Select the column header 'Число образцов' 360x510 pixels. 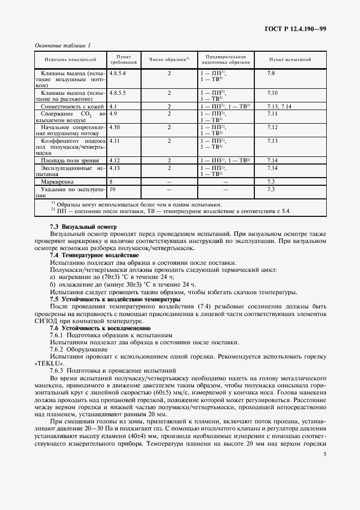tap(169, 59)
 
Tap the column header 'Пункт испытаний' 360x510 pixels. tap(290, 59)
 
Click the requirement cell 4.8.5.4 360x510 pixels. tap(118, 72)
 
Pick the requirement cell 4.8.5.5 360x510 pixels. tap(118, 93)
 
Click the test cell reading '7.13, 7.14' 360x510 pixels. tap(280, 106)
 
